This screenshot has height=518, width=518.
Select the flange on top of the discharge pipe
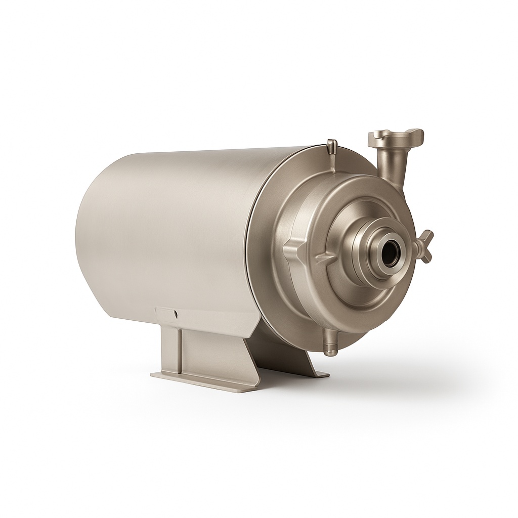(396, 136)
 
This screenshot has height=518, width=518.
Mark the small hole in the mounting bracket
(176, 314)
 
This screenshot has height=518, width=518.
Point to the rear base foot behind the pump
(316, 372)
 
